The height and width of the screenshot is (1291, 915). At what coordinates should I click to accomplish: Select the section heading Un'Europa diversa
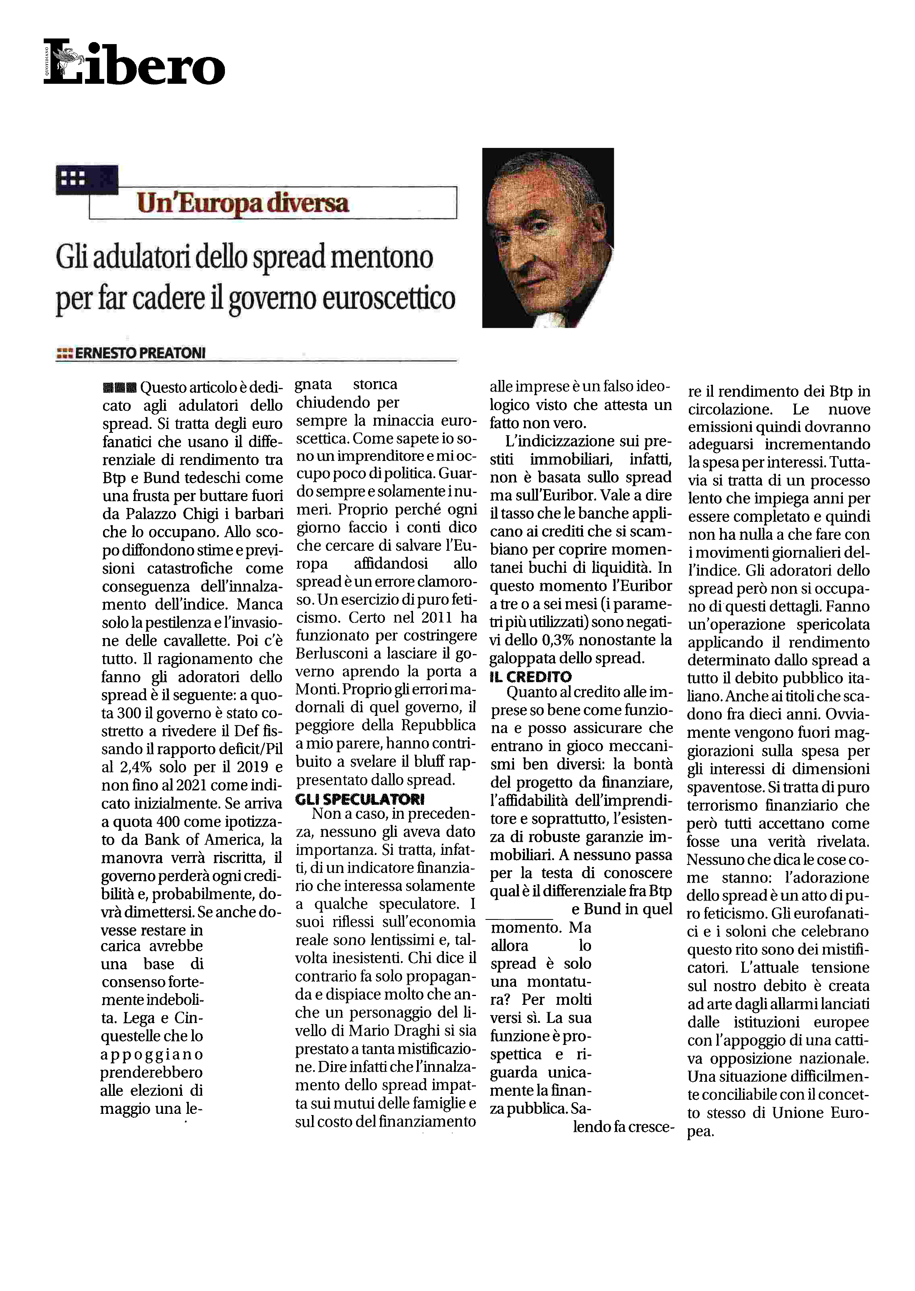click(x=242, y=203)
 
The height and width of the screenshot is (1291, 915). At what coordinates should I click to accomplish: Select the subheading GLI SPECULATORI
click(x=359, y=799)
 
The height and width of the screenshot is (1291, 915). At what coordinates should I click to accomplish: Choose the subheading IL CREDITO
click(x=530, y=677)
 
